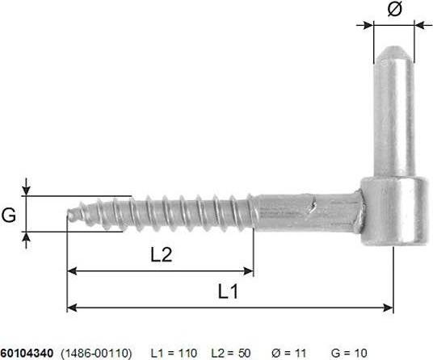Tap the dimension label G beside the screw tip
[9, 215]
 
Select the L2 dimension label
[162, 254]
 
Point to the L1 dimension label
[229, 291]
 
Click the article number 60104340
[27, 353]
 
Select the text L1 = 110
[174, 353]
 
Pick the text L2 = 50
[233, 353]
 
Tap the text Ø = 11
[290, 353]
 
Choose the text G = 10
[349, 353]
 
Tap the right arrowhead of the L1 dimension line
[389, 307]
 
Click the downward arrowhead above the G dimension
[27, 190]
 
